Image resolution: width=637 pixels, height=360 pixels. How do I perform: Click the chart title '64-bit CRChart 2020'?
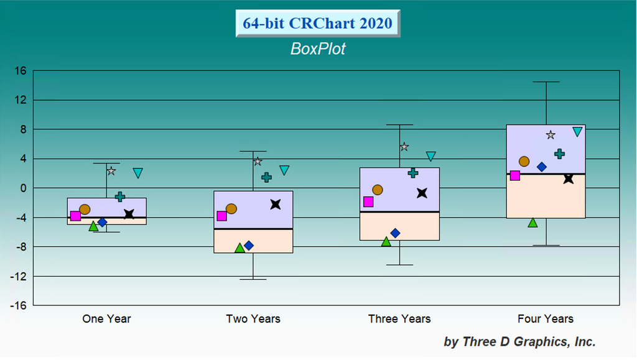(x=317, y=23)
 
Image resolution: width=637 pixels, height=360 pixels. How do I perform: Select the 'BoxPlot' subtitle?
(x=318, y=48)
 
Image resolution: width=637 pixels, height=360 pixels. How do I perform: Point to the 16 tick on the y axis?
(x=21, y=71)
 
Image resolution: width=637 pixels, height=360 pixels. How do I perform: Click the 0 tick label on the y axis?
(x=23, y=188)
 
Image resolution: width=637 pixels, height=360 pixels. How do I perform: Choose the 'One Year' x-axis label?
(x=106, y=318)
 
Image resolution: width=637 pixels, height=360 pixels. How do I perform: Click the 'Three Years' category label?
(x=399, y=318)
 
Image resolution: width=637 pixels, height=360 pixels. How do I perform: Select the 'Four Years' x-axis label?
(x=545, y=318)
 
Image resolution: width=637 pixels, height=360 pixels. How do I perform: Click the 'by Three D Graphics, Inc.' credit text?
(x=519, y=342)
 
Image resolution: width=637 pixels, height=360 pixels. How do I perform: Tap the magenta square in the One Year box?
(x=75, y=216)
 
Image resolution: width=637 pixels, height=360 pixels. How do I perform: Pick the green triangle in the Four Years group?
(x=532, y=223)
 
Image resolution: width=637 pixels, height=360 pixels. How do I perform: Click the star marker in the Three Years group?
(x=404, y=147)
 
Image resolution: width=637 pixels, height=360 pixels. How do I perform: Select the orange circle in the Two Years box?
(x=231, y=209)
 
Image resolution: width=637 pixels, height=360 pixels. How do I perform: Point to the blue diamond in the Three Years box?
(x=395, y=233)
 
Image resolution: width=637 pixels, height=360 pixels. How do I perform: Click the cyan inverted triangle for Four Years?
(x=577, y=131)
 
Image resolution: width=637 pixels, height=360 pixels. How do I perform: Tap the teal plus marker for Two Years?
(x=266, y=177)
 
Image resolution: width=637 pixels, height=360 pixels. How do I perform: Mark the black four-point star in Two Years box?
(x=276, y=204)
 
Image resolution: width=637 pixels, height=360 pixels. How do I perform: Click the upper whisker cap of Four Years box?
(x=546, y=82)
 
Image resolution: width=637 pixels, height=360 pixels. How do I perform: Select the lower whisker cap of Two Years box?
(x=253, y=279)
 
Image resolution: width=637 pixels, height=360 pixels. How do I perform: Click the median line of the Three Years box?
(x=399, y=212)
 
